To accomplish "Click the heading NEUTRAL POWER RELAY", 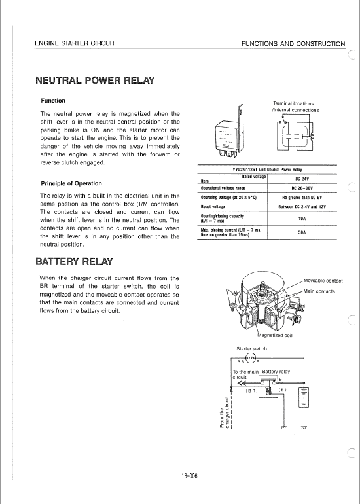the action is point(95,81).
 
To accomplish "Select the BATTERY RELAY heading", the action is point(74,262).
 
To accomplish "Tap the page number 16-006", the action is point(189,476).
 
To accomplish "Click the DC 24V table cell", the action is point(302,179).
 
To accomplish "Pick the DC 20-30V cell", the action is point(302,189).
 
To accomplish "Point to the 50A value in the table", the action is point(302,232).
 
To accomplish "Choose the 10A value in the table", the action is point(302,218).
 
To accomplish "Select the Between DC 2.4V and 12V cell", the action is point(302,207).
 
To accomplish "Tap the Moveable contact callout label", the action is point(323,281).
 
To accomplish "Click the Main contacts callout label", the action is point(319,291).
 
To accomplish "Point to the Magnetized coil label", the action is point(275,335).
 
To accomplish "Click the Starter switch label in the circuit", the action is point(252,348).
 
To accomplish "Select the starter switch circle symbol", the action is point(251,358).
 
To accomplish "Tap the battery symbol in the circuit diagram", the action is point(304,397).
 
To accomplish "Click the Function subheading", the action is point(53,101).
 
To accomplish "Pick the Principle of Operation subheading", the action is point(71,183).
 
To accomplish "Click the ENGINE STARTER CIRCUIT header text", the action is point(75,43).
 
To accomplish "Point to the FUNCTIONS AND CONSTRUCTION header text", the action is point(293,44).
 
